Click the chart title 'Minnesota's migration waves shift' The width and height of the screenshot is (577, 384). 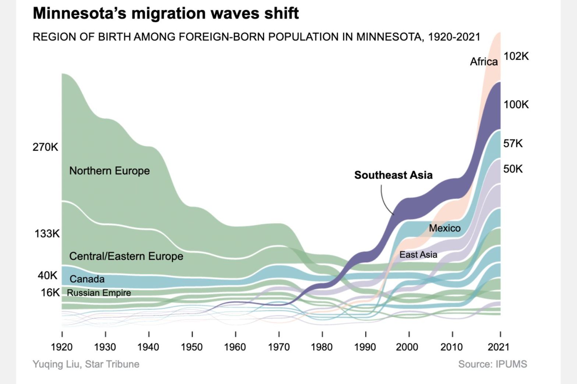(x=166, y=14)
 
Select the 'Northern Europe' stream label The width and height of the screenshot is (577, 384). (x=109, y=171)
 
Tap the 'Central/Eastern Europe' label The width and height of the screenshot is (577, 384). (x=126, y=256)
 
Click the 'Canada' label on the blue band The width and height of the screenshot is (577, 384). (x=87, y=279)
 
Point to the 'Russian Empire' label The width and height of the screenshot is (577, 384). (x=99, y=293)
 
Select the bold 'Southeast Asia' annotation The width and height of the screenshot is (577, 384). (x=393, y=175)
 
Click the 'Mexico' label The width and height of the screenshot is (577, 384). (x=445, y=228)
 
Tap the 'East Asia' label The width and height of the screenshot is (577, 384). (x=418, y=255)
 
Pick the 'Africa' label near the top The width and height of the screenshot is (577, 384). (x=484, y=62)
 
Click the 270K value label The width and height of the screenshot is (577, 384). (x=45, y=147)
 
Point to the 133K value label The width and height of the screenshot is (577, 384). (x=47, y=234)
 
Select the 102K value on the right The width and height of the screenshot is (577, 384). (x=516, y=56)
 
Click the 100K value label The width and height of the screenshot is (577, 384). (x=516, y=105)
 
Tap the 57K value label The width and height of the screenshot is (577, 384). (x=513, y=143)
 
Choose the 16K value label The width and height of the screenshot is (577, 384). (x=50, y=293)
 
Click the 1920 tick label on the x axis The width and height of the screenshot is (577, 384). (x=62, y=347)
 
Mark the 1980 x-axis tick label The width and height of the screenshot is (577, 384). (x=322, y=347)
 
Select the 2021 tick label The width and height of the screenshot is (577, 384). (x=498, y=347)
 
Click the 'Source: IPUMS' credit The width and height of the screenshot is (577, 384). (x=492, y=364)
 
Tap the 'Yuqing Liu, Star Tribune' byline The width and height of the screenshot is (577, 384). (x=86, y=364)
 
